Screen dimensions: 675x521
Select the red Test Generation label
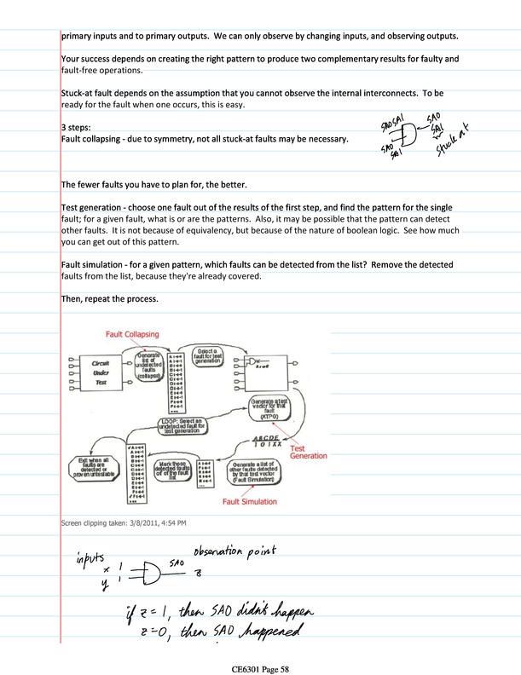tap(308, 452)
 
